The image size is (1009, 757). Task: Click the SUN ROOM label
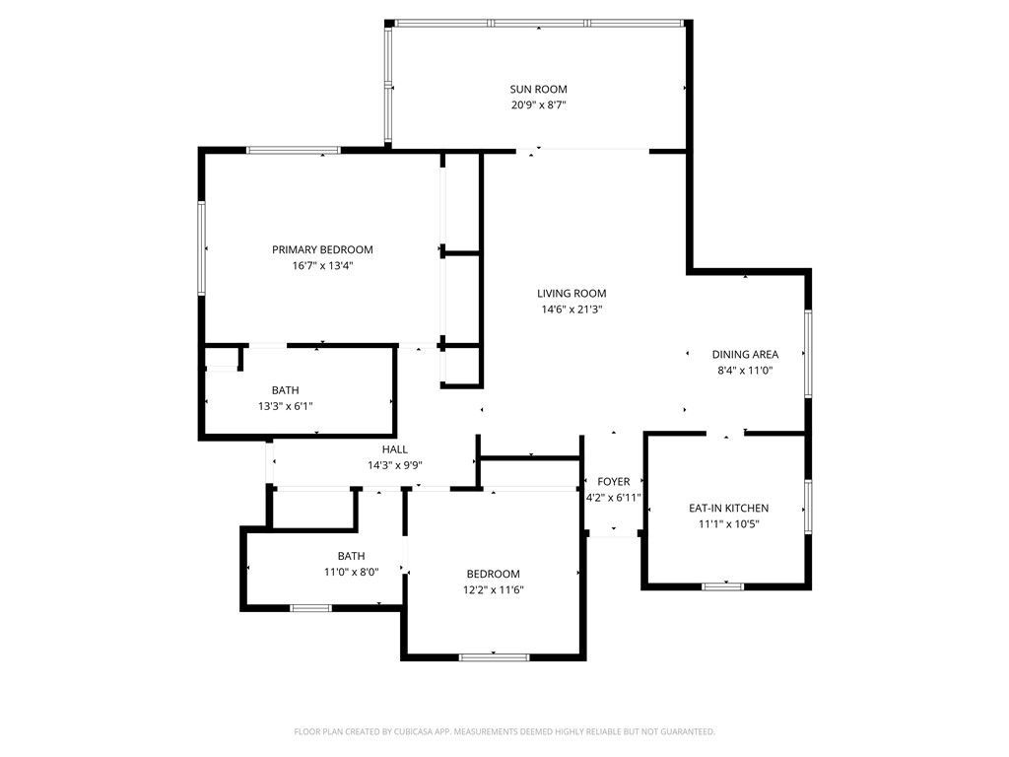click(x=538, y=89)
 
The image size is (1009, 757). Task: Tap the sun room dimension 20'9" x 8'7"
click(x=538, y=104)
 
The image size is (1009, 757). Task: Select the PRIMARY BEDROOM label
click(x=322, y=249)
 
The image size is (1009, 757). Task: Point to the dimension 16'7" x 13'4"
click(x=322, y=265)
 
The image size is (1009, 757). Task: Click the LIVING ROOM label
click(x=572, y=293)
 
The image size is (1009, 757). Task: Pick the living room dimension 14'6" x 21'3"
click(x=572, y=309)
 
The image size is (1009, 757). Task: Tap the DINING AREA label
click(x=745, y=355)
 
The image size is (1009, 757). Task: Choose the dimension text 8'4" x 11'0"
click(x=745, y=371)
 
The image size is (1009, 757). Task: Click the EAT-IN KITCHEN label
click(x=728, y=508)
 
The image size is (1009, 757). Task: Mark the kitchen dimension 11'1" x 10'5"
click(x=728, y=523)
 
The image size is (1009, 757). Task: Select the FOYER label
click(x=613, y=482)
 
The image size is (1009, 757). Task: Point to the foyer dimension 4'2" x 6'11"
click(x=613, y=498)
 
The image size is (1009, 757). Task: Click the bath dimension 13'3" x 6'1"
click(x=285, y=406)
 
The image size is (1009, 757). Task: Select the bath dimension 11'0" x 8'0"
click(x=351, y=572)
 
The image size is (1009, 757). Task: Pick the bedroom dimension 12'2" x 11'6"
click(x=493, y=590)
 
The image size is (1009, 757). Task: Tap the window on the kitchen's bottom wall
click(x=722, y=587)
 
